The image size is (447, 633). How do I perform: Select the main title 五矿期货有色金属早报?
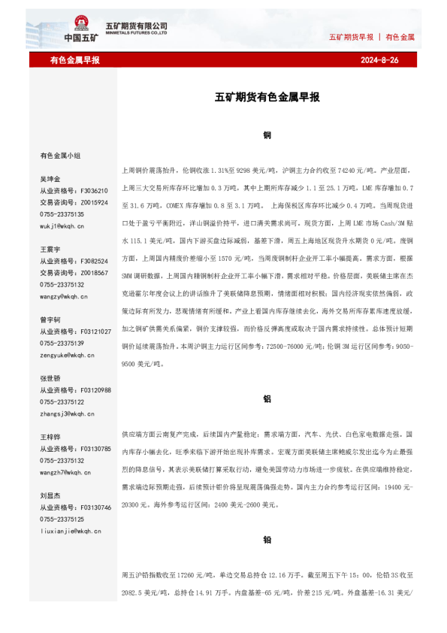pyautogui.click(x=267, y=98)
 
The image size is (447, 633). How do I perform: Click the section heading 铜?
pyautogui.click(x=267, y=136)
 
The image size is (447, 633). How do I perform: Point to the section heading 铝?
pyautogui.click(x=267, y=399)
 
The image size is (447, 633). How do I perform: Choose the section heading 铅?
pyautogui.click(x=267, y=540)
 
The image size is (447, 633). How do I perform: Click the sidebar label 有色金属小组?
pyautogui.click(x=60, y=156)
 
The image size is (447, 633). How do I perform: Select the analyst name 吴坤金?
pyautogui.click(x=51, y=180)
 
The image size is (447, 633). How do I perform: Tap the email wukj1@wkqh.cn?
pyautogui.click(x=62, y=226)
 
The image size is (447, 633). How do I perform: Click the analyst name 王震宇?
pyautogui.click(x=51, y=249)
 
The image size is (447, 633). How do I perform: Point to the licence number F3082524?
pyautogui.click(x=94, y=261)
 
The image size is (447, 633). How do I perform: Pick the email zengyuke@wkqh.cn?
pyautogui.click(x=65, y=355)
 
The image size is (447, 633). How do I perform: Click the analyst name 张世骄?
pyautogui.click(x=51, y=378)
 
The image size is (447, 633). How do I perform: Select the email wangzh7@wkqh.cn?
pyautogui.click(x=65, y=472)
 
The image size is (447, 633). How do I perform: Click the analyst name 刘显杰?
pyautogui.click(x=51, y=495)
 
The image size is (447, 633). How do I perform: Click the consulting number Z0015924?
pyautogui.click(x=94, y=203)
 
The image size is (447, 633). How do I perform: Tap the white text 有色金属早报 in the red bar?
pyautogui.click(x=75, y=60)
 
